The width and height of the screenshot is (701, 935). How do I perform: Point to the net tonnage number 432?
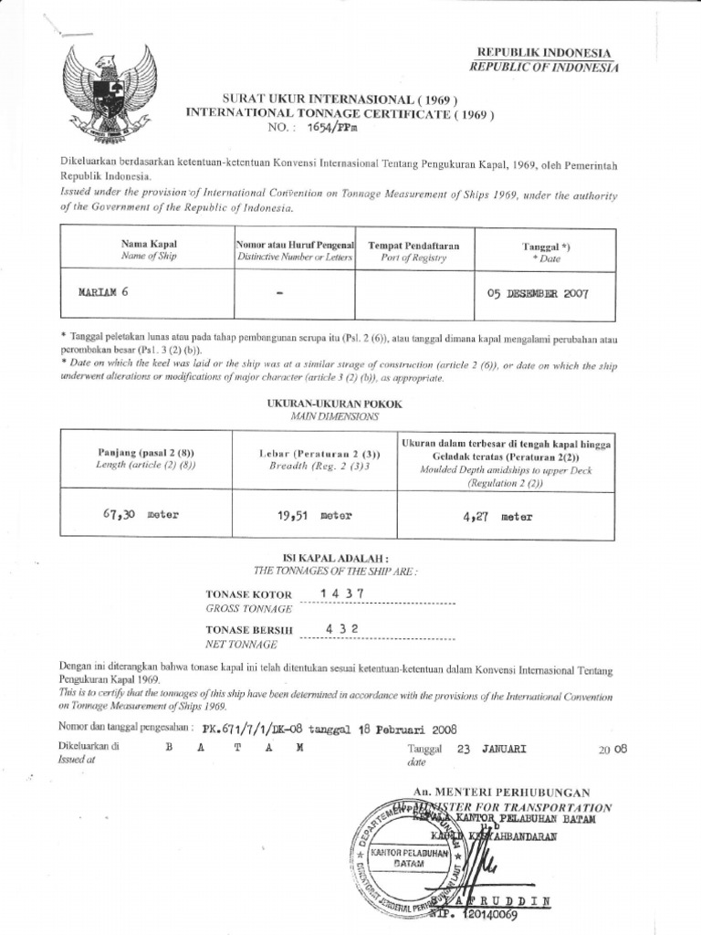click(342, 629)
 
